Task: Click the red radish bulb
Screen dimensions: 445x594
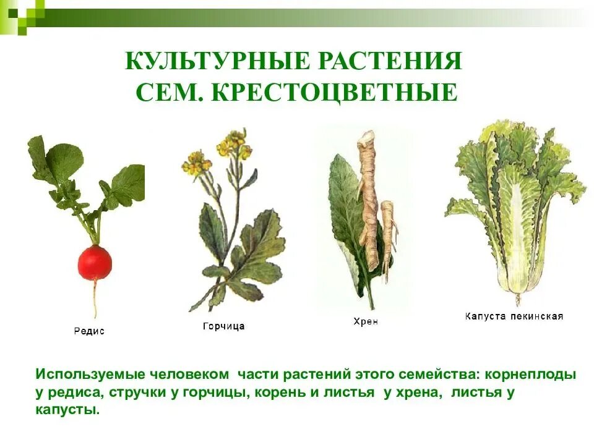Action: coord(95,262)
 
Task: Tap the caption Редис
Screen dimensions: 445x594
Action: coord(89,331)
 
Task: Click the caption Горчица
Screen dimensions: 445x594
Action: coord(223,326)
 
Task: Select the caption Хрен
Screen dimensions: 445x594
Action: coord(365,321)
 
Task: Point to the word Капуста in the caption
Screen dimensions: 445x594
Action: coord(486,316)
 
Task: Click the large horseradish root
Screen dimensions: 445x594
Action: coord(369,198)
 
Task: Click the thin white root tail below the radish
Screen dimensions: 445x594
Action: coord(95,300)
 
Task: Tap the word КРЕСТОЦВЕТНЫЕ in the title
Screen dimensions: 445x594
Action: coord(335,93)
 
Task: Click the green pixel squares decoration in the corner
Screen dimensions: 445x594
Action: coord(22,14)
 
